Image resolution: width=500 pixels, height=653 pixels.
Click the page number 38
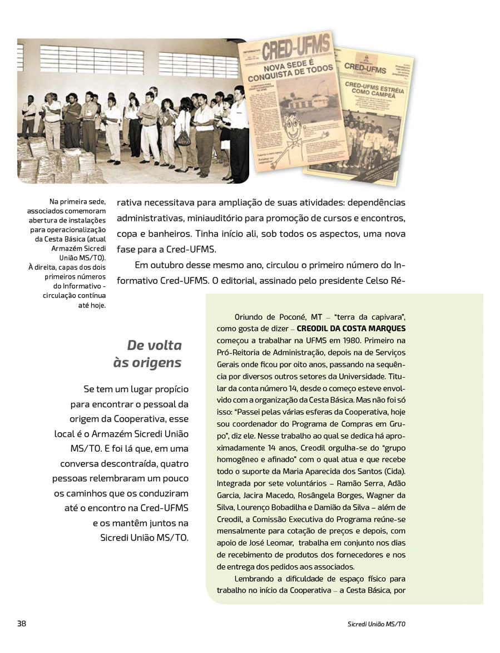tap(22, 624)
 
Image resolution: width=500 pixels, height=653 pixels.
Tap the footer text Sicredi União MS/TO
tap(373, 624)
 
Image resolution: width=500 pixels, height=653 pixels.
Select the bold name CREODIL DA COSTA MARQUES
tap(352, 328)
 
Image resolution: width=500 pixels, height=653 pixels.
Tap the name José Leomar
tap(270, 542)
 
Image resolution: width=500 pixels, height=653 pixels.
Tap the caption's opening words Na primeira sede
tap(78, 202)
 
